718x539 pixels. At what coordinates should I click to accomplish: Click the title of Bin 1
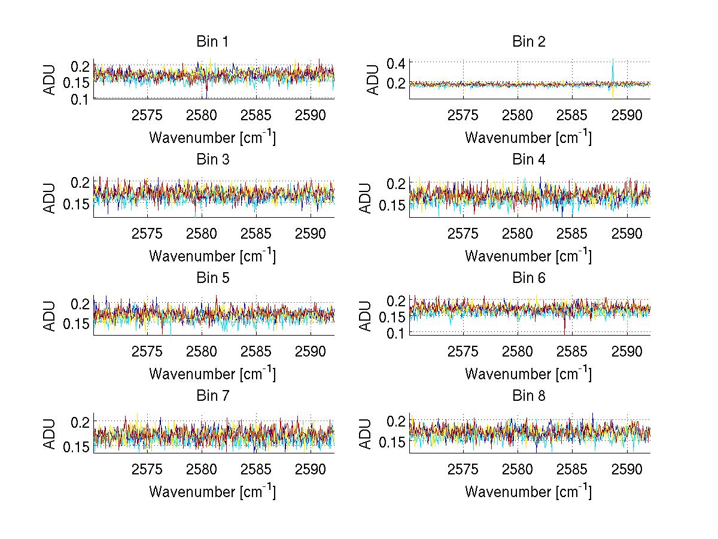(x=212, y=42)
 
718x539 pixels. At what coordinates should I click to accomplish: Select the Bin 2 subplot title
(x=528, y=42)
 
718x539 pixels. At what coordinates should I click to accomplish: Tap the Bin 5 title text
(x=212, y=278)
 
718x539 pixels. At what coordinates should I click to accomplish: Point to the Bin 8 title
(x=528, y=396)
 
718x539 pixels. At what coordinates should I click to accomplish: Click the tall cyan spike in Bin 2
(x=613, y=66)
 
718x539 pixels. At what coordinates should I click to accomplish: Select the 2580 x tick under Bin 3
(x=202, y=233)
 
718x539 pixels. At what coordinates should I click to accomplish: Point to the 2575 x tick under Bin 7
(x=147, y=470)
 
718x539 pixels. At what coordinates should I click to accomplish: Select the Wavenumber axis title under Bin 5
(x=212, y=374)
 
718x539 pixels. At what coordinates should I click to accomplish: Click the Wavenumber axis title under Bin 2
(x=528, y=138)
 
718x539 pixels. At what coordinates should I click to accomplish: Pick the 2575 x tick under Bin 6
(x=463, y=351)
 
